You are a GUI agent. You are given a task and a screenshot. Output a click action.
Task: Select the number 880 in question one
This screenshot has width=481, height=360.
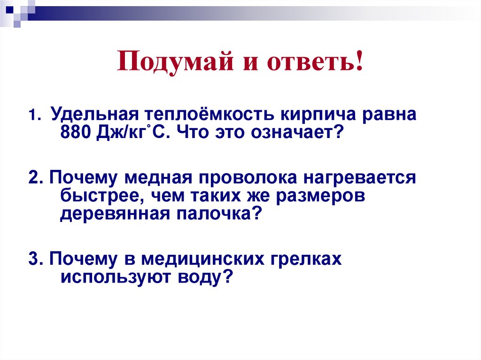click(76, 133)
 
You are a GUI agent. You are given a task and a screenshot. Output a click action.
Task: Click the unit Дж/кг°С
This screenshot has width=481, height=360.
click(132, 133)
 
